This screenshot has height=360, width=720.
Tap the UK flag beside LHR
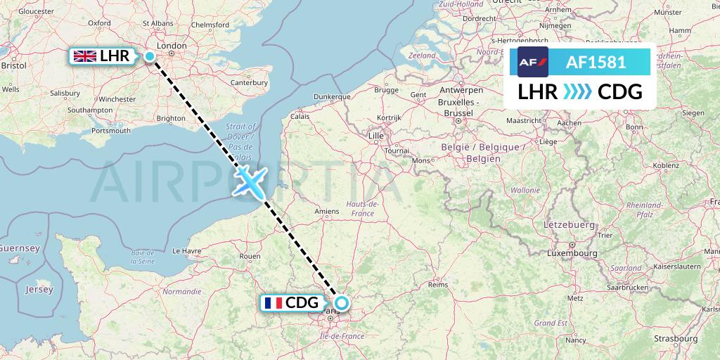point(86,56)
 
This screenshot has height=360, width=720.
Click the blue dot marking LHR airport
point(150,57)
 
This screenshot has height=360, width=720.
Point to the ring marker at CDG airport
point(341,304)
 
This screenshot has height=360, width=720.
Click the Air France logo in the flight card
point(532,62)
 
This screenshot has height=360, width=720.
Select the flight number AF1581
point(596,62)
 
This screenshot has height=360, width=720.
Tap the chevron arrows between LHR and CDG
point(577,91)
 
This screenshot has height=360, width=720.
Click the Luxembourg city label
point(572,252)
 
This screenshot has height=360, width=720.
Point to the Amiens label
point(327,211)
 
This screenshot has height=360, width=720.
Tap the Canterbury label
point(250,82)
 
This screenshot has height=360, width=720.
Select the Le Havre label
point(187,250)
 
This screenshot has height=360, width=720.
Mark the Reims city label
point(438,285)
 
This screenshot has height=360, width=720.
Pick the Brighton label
point(171,119)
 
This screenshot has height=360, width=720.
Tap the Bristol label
point(14,65)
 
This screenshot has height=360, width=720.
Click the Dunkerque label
point(331,96)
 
